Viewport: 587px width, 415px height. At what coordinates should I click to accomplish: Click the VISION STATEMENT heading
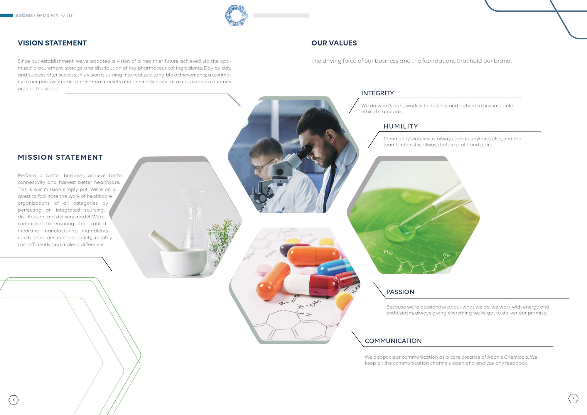pos(52,43)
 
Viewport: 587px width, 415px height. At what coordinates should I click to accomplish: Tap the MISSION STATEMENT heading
pos(60,157)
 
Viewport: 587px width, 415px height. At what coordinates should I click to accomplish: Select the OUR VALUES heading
pos(334,43)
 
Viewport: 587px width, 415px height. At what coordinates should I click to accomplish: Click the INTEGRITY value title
pos(377,93)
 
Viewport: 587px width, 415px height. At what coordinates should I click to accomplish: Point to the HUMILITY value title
pos(401,126)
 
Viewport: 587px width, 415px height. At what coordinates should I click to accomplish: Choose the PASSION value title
pos(400,292)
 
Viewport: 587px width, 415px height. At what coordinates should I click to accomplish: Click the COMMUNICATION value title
pos(393,341)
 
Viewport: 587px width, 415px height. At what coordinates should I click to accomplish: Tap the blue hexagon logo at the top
pos(236,15)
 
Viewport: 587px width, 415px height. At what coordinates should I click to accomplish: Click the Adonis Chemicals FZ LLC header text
pos(45,16)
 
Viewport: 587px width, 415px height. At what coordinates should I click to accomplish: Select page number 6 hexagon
pos(14,400)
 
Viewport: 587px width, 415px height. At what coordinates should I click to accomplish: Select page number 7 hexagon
pos(573,398)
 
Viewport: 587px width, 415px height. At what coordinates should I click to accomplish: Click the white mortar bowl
pos(183,262)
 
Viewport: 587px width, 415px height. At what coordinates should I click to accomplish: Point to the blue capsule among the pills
pos(335,267)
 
